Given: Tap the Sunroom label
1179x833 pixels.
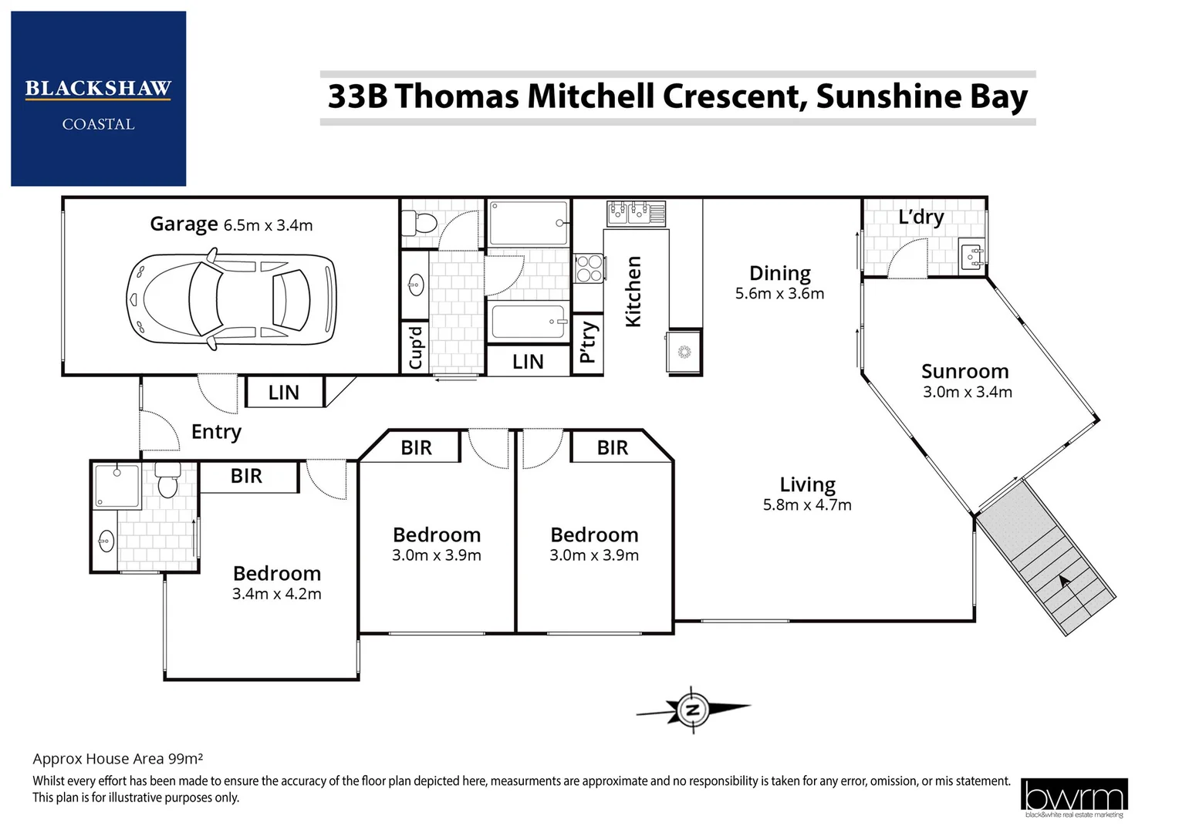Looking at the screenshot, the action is coord(964,372).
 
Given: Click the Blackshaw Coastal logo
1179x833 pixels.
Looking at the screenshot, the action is coord(98,99).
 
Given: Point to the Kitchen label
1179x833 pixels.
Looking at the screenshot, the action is coord(633,292).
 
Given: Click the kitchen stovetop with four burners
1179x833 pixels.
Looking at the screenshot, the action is coord(589,269).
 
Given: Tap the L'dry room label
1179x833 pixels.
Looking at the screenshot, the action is coord(921,218).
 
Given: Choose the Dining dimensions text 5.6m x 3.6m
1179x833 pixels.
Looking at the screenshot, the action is coord(779,294).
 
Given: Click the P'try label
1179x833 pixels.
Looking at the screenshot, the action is coord(588,342).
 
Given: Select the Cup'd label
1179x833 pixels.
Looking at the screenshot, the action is coord(416,348).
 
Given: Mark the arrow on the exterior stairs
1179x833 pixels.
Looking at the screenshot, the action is coord(1065,583).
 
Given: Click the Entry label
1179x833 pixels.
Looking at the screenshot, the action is coord(216,432).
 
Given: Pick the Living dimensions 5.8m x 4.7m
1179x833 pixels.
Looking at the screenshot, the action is coord(807,505).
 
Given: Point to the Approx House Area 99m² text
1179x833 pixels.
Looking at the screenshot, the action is coord(117,759).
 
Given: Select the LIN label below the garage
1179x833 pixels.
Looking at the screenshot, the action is coord(283,393).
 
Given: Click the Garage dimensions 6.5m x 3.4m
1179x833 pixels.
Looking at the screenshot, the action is coord(268,226).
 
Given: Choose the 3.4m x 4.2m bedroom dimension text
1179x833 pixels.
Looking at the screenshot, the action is coord(276,594).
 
